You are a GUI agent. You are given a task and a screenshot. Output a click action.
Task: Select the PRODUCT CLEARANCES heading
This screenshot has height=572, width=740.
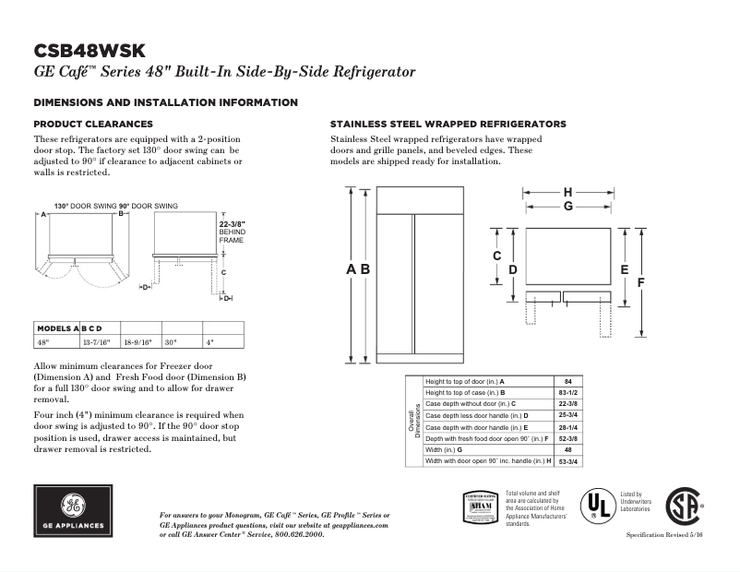93,124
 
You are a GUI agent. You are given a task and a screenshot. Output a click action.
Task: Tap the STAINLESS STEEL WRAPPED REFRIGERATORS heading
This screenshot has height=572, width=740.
448,124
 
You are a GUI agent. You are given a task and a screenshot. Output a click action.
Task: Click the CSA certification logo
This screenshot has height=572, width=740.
682,507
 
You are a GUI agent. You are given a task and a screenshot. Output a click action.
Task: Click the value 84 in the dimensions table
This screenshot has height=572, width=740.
568,382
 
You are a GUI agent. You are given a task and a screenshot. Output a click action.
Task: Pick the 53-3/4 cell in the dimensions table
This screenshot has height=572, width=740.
568,460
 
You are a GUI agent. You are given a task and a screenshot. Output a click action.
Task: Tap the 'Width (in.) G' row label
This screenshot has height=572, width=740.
456,449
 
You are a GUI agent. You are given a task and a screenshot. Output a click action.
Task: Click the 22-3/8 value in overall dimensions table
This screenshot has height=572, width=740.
568,404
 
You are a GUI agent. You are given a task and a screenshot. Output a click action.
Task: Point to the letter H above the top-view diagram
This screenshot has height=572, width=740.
567,192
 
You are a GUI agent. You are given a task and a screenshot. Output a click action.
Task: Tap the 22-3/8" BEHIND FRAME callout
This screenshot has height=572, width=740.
232,232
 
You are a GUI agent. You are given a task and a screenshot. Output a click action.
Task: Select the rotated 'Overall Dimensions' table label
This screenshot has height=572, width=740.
414,421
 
